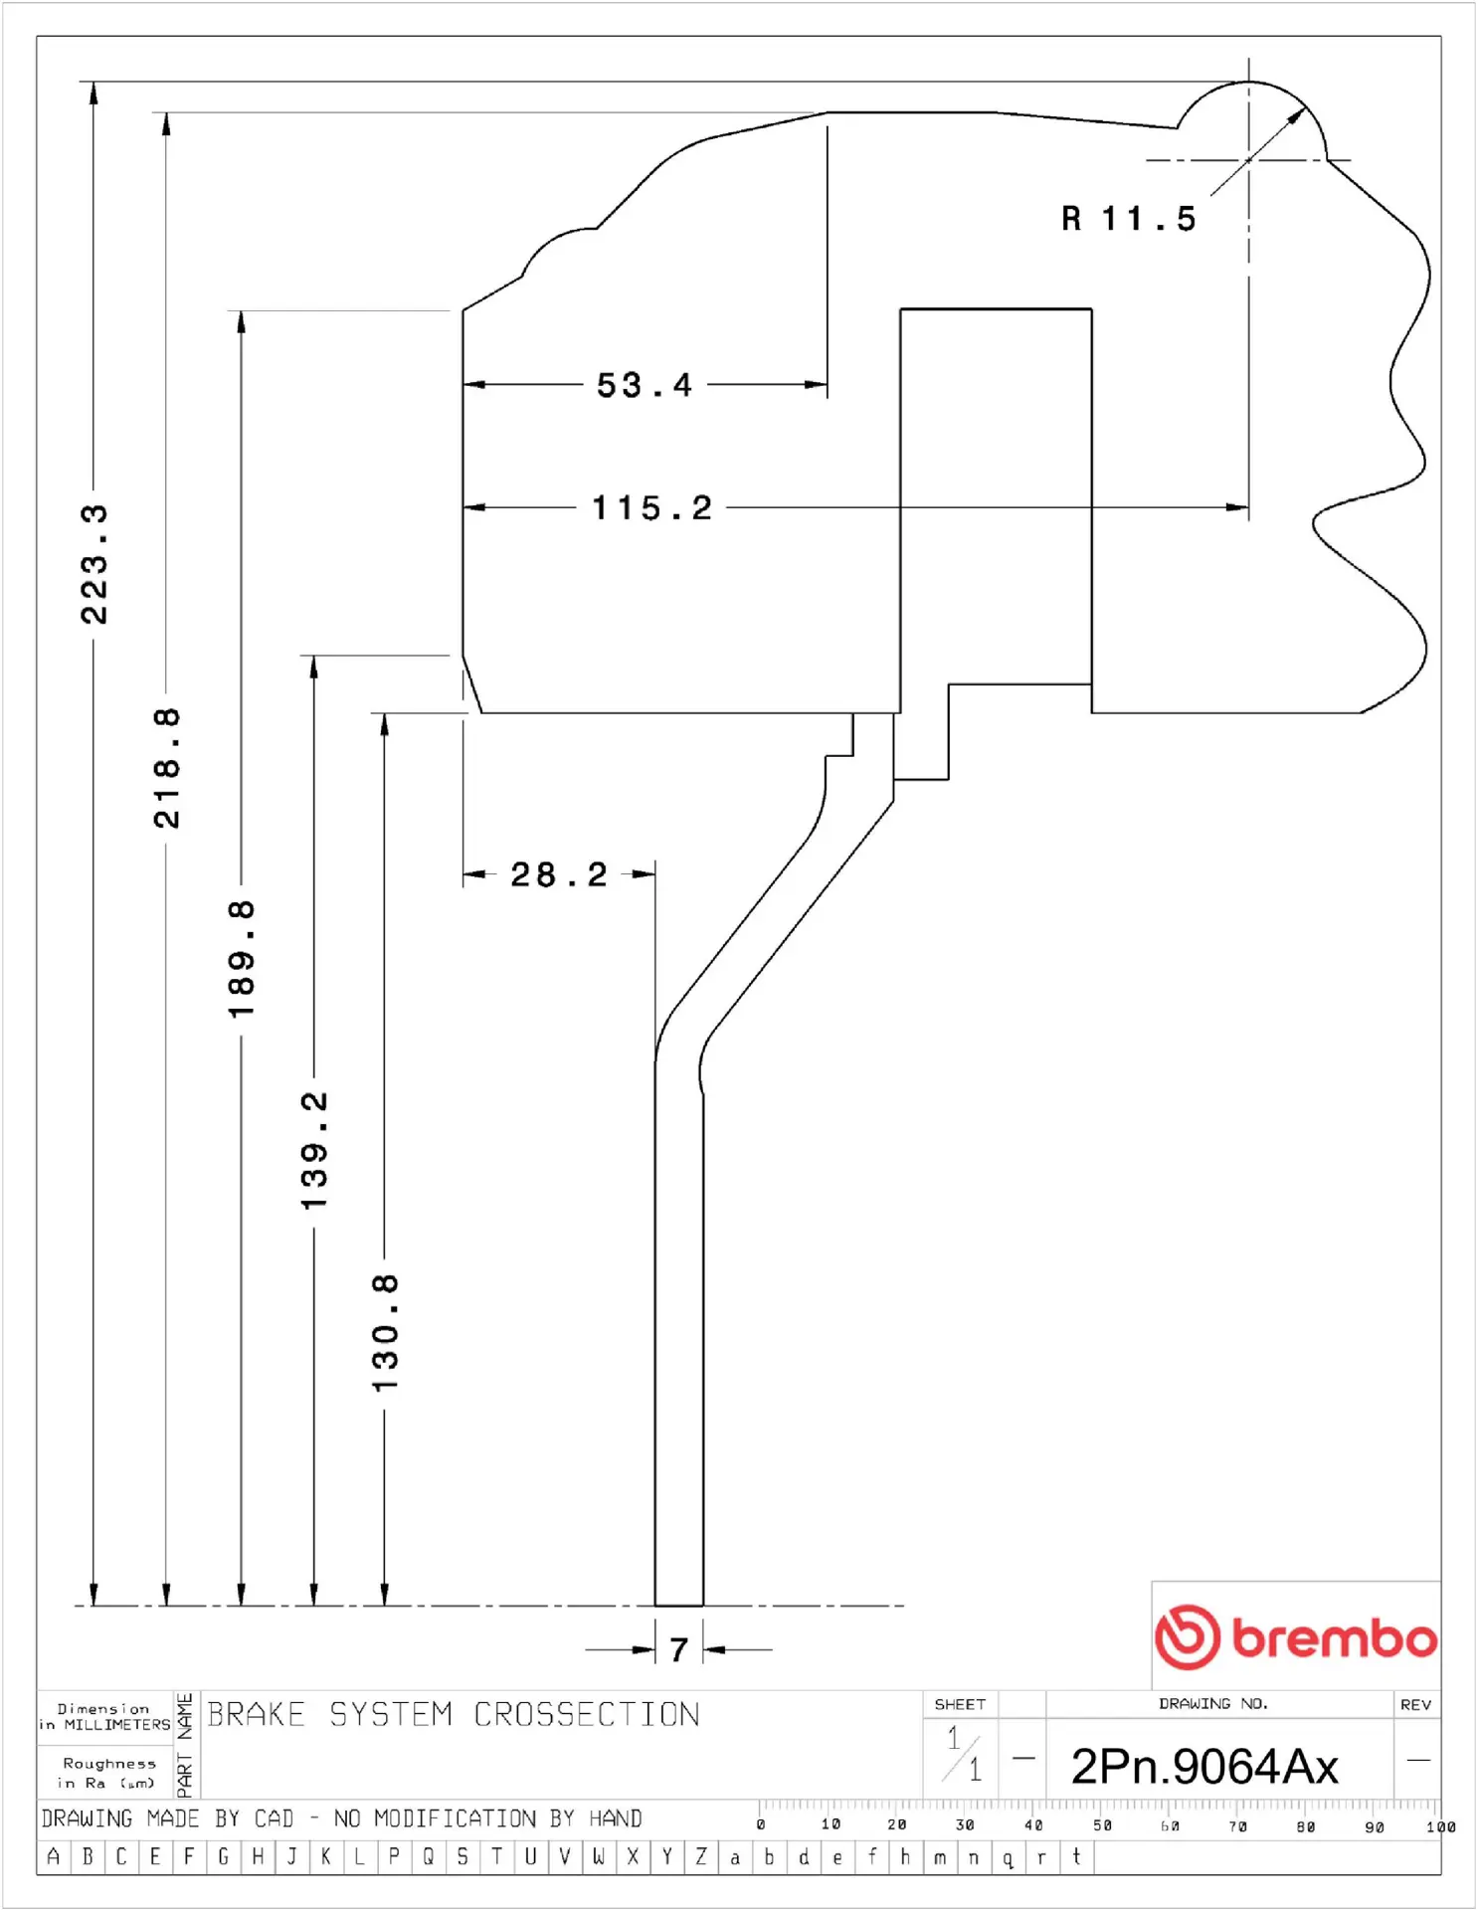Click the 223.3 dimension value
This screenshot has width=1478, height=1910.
click(93, 564)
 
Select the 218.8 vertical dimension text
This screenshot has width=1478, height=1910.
click(166, 768)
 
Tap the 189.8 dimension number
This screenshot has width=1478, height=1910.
click(241, 959)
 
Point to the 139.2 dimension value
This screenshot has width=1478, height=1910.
click(313, 1151)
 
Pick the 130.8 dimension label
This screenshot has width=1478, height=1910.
click(385, 1333)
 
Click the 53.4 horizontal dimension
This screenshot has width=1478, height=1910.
click(644, 385)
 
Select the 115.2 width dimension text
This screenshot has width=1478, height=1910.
click(652, 508)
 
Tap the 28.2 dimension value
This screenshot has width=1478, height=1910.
click(558, 875)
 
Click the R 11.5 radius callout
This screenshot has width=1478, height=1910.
click(1129, 219)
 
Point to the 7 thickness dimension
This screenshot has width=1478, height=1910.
click(679, 1650)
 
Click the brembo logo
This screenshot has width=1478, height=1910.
click(1296, 1636)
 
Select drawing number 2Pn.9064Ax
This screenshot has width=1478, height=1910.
click(1204, 1767)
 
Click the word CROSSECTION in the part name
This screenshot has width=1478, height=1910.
click(587, 1714)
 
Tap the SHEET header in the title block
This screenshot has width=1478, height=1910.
click(960, 1704)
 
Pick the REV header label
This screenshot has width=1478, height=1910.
click(1415, 1705)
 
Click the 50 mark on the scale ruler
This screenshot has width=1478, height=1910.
click(1102, 1825)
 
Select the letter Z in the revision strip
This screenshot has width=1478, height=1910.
click(701, 1856)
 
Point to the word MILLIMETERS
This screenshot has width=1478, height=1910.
click(117, 1725)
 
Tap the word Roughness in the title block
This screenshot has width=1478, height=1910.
click(109, 1764)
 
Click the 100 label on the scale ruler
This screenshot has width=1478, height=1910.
click(1440, 1826)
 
